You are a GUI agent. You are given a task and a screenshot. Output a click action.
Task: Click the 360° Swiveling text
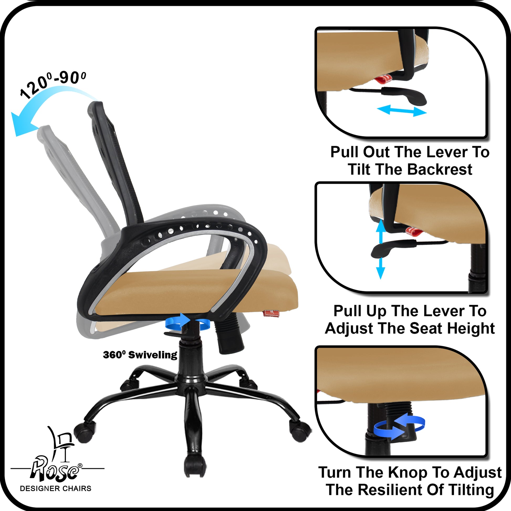140,355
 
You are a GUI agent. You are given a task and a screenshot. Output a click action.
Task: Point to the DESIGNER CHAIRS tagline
56,488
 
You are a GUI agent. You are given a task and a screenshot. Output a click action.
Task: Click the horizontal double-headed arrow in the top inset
401,111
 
